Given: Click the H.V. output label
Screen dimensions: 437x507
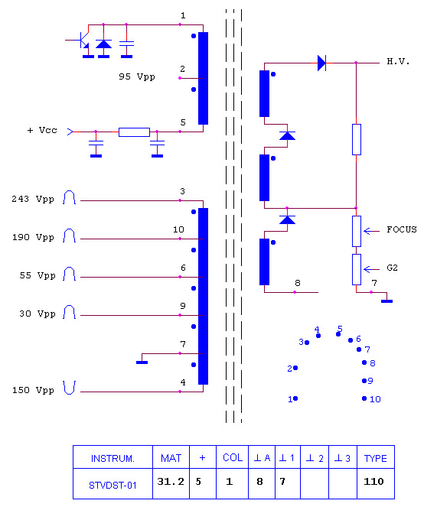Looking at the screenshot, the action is point(398,61).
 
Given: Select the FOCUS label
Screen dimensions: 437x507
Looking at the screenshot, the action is point(401,229).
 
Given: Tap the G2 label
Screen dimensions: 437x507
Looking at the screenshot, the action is point(392,268).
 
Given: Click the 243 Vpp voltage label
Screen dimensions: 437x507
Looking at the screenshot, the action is point(33,199).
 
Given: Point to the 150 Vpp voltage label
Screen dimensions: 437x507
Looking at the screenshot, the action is point(33,390).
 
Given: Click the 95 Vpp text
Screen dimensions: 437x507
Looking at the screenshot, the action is point(136,76).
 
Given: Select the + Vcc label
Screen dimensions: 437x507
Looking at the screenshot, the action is point(42,130).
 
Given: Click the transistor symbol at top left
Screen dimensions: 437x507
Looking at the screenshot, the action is point(83,40).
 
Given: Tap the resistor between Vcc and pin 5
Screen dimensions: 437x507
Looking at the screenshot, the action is point(134,132).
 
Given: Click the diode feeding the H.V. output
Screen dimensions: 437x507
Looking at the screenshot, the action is point(321,63).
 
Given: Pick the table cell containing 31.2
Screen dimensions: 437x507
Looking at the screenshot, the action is point(171,483).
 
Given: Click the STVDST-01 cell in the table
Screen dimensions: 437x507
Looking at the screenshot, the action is point(113,483).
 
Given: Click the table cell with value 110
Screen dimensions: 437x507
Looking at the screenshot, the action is point(376,483).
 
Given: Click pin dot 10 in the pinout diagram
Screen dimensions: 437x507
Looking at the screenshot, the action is point(364,398).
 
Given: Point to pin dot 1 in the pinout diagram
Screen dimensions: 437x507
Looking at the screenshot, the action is point(295,398).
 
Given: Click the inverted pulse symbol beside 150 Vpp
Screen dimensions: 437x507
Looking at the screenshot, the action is point(70,388).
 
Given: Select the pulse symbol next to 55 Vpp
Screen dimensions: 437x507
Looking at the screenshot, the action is point(70,274).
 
